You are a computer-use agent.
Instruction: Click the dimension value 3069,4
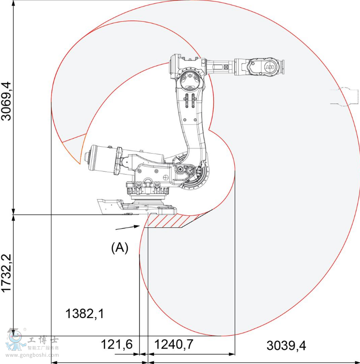pyautogui.click(x=7, y=101)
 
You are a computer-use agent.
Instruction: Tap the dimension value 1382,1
pyautogui.click(x=85, y=313)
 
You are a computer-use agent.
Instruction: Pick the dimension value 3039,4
pyautogui.click(x=286, y=346)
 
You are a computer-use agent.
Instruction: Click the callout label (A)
pyautogui.click(x=120, y=247)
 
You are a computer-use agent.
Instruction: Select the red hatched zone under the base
pyautogui.click(x=166, y=221)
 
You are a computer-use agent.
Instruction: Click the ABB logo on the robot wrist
pyautogui.click(x=270, y=67)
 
